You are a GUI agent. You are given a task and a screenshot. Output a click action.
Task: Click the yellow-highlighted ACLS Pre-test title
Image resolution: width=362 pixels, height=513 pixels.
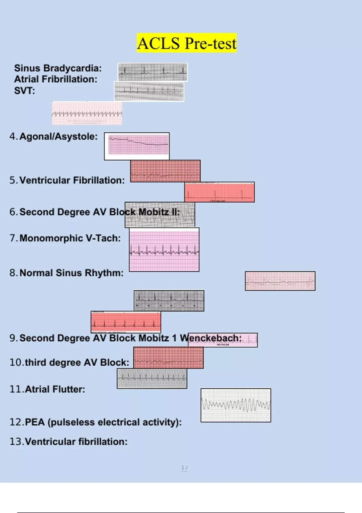[x=187, y=43]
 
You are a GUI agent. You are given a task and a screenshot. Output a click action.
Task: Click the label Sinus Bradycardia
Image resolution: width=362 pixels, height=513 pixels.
[x=58, y=68]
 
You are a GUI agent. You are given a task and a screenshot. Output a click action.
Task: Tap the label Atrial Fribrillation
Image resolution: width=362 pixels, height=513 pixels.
[x=56, y=79]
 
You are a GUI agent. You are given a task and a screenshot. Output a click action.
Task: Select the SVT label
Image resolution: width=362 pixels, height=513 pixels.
[x=24, y=91]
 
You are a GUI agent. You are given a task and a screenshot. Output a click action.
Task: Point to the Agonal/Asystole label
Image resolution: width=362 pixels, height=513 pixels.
[x=59, y=136]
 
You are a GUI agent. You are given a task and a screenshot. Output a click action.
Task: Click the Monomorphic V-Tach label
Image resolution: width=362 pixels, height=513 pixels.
[x=70, y=238]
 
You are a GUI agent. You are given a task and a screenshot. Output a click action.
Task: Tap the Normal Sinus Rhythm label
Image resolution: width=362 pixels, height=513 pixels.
[x=71, y=273]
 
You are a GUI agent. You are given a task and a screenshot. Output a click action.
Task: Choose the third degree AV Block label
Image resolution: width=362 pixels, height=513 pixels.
[x=77, y=362]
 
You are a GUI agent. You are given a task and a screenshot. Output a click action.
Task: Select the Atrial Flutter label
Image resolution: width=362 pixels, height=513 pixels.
[x=55, y=389]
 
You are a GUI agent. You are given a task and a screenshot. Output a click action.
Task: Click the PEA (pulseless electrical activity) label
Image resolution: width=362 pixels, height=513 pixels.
[x=103, y=422]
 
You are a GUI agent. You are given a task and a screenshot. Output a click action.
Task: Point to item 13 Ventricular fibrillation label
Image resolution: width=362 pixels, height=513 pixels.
[x=76, y=441]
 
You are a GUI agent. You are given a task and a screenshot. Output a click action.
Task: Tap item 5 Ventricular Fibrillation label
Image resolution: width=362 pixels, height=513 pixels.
[x=72, y=180]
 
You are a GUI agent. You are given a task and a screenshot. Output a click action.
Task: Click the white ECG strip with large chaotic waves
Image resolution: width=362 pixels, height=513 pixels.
[x=236, y=405]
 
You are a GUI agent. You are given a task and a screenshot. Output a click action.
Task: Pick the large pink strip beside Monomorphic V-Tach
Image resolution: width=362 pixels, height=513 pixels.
[x=164, y=250]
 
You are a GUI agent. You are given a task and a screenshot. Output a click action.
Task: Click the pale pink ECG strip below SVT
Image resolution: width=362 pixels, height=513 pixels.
[x=87, y=113]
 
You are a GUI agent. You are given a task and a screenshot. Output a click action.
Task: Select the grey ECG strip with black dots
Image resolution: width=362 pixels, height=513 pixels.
[x=169, y=301]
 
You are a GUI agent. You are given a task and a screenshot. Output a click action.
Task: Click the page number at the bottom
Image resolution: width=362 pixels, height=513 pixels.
[x=184, y=468]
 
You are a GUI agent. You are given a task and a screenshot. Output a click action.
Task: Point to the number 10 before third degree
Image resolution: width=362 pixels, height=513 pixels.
[x=16, y=362]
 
